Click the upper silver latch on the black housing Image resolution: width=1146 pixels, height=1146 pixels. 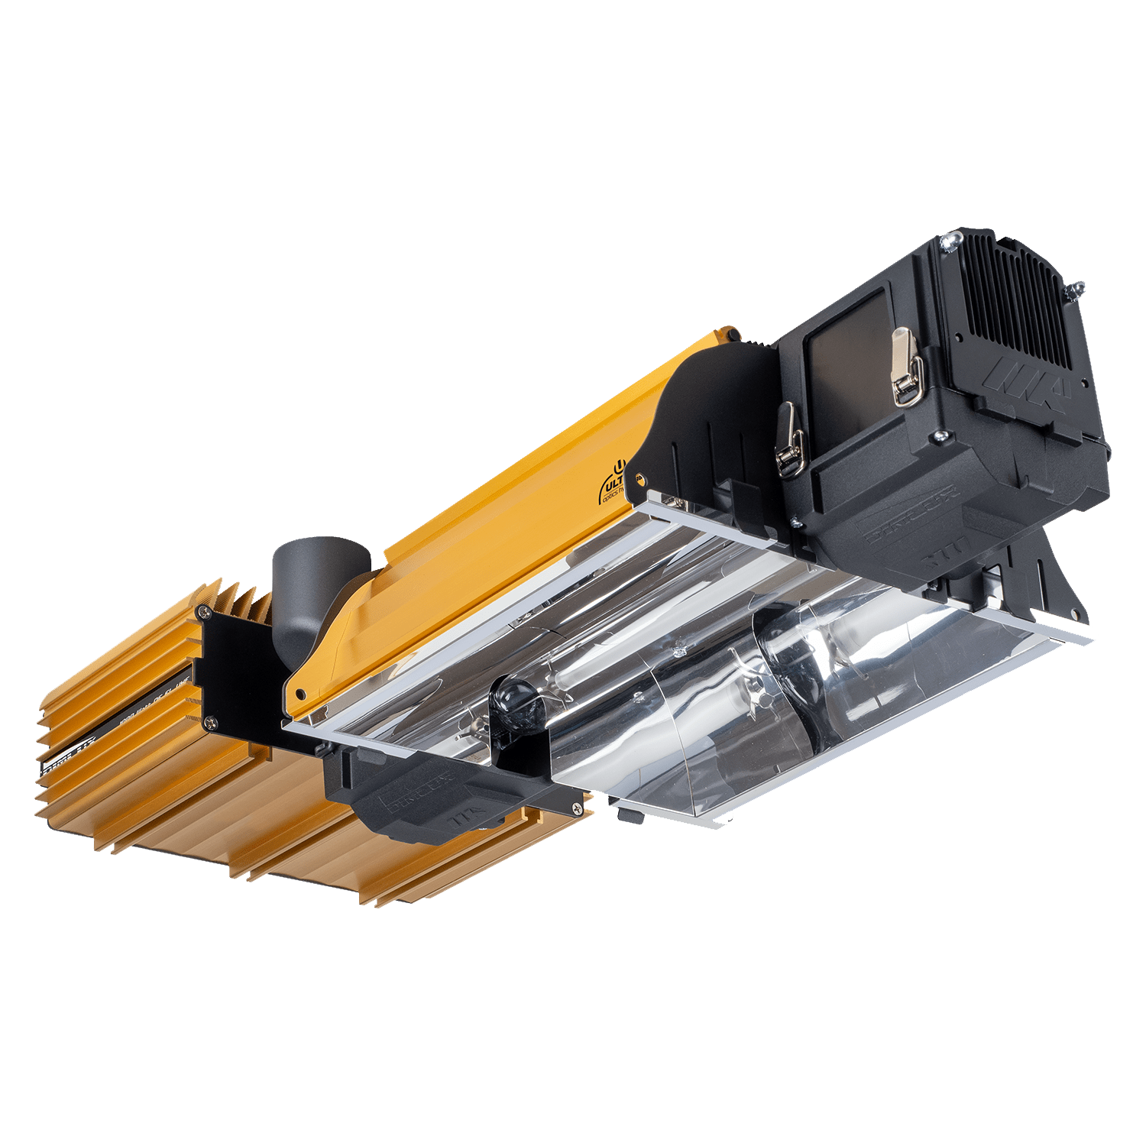pyautogui.click(x=906, y=367)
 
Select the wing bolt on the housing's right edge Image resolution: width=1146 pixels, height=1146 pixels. pyautogui.click(x=1076, y=290)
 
